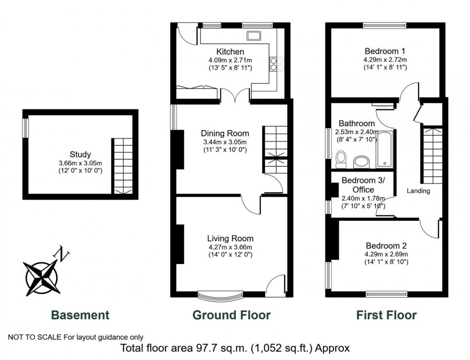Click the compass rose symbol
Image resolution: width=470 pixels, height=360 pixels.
(41, 277)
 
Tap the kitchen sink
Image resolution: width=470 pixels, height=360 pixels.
(254, 36)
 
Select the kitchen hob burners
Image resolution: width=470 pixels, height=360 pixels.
(277, 64)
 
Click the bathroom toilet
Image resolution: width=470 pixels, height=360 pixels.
(341, 159)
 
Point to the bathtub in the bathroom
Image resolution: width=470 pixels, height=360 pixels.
(385, 149)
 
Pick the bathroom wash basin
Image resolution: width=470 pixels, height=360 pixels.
(362, 162)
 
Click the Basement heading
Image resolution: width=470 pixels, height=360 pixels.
(80, 315)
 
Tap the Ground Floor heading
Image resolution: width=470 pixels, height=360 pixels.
(231, 315)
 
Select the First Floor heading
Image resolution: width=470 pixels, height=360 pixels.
(387, 315)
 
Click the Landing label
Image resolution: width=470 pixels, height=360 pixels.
(418, 191)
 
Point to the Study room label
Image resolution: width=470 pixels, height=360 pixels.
(81, 155)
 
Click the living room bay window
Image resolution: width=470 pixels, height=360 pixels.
(220, 295)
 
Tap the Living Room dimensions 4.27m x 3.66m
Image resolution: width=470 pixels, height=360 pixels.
(230, 248)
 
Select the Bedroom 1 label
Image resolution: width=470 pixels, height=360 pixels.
(385, 51)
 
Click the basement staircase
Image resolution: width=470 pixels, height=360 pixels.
(123, 167)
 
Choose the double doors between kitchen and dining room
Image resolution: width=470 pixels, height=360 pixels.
(235, 96)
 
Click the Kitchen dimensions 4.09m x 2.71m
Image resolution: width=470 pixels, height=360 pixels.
(230, 60)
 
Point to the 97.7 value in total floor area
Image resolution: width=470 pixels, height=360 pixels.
(206, 348)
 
